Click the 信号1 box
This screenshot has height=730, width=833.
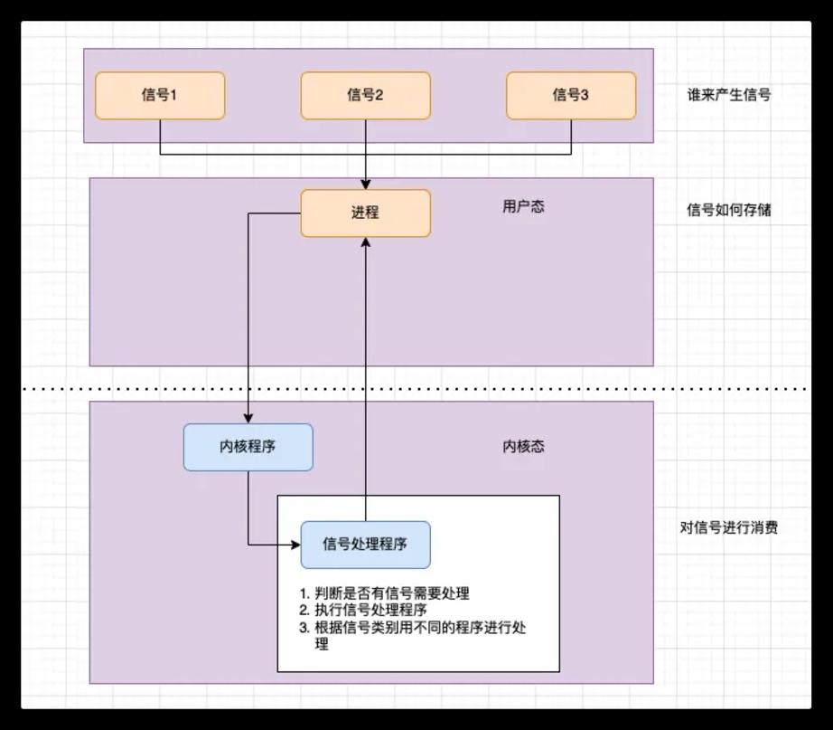tap(160, 96)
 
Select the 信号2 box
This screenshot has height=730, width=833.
tap(366, 96)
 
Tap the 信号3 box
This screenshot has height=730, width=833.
tap(571, 96)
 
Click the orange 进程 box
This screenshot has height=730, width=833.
tap(366, 213)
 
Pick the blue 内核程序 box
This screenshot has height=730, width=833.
tap(248, 448)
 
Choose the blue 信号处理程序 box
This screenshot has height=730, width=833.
tap(366, 545)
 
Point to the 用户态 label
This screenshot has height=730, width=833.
tap(523, 206)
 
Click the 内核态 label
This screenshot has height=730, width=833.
tap(523, 446)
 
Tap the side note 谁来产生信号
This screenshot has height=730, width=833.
tap(729, 95)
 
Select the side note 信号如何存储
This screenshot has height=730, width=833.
tap(729, 210)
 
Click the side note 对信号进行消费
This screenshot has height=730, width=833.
tap(729, 527)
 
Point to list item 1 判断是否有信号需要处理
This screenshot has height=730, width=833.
tap(384, 593)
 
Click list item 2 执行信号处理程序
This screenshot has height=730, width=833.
tap(363, 610)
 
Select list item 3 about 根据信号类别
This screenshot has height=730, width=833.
tap(412, 635)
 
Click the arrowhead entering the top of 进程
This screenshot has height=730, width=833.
tap(366, 185)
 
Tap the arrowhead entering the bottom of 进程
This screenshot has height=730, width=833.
tap(366, 242)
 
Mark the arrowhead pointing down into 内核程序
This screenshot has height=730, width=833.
tap(248, 419)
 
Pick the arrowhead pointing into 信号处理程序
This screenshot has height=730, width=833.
tap(296, 545)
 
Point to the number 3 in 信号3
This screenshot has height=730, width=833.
tap(585, 95)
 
